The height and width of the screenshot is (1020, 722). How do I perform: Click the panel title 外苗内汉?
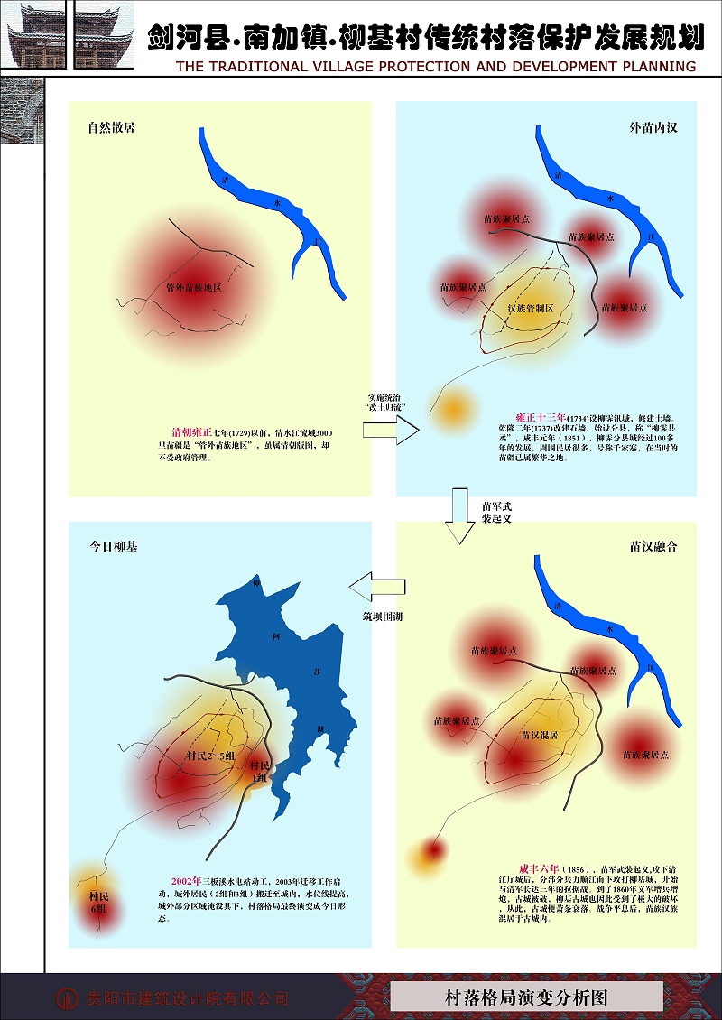653,128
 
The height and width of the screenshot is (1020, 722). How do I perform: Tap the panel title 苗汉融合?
653,546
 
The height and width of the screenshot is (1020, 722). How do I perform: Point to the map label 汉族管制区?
531,309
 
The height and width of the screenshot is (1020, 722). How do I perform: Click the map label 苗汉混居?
539,735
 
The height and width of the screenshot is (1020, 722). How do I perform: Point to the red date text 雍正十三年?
541,418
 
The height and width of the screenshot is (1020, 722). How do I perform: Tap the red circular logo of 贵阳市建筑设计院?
67,997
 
